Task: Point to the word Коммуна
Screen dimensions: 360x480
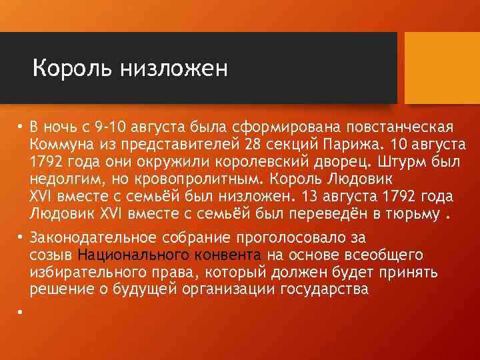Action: pos(60,145)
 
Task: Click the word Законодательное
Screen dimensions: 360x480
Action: pos(91,237)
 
